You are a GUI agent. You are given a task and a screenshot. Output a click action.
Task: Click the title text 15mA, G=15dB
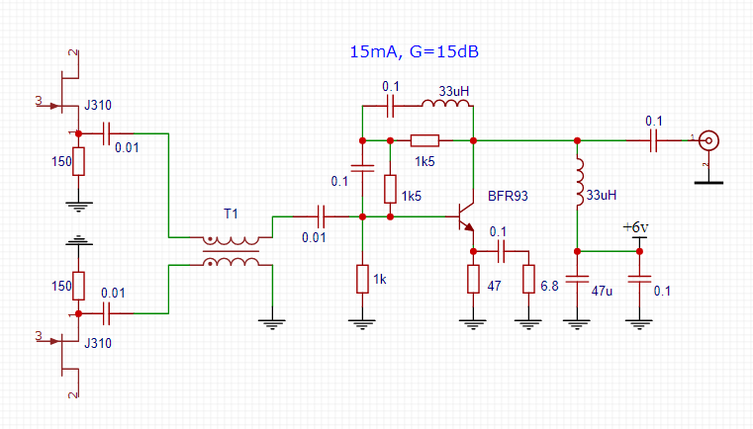(421, 51)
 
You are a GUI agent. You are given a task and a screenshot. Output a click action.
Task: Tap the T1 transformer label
(231, 214)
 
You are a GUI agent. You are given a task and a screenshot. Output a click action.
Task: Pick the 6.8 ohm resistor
(528, 280)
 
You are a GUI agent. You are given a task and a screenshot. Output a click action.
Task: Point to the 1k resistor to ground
(362, 280)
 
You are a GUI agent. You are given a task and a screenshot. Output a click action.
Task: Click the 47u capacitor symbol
(576, 280)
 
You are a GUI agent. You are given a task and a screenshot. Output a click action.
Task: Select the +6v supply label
(635, 228)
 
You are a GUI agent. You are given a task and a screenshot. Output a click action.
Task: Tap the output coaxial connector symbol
(707, 140)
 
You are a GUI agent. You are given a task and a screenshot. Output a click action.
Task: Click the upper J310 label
(98, 104)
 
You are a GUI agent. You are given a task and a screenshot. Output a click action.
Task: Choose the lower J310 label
(98, 344)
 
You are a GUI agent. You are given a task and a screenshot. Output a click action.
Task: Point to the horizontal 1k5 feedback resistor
(425, 140)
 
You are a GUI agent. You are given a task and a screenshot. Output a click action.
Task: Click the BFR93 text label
(509, 196)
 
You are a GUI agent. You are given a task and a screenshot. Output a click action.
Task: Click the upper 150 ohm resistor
(77, 161)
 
